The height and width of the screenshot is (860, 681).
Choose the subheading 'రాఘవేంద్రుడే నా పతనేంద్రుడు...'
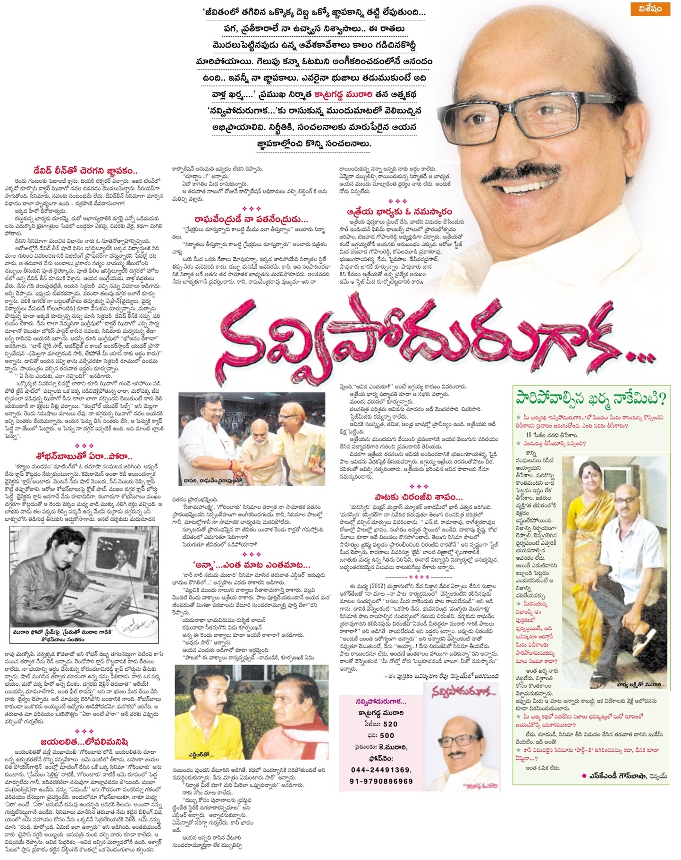(x=252, y=219)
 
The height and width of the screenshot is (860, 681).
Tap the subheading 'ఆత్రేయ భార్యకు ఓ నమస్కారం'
(x=398, y=212)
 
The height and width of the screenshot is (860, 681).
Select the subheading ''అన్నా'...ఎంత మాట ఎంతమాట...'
(x=252, y=565)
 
